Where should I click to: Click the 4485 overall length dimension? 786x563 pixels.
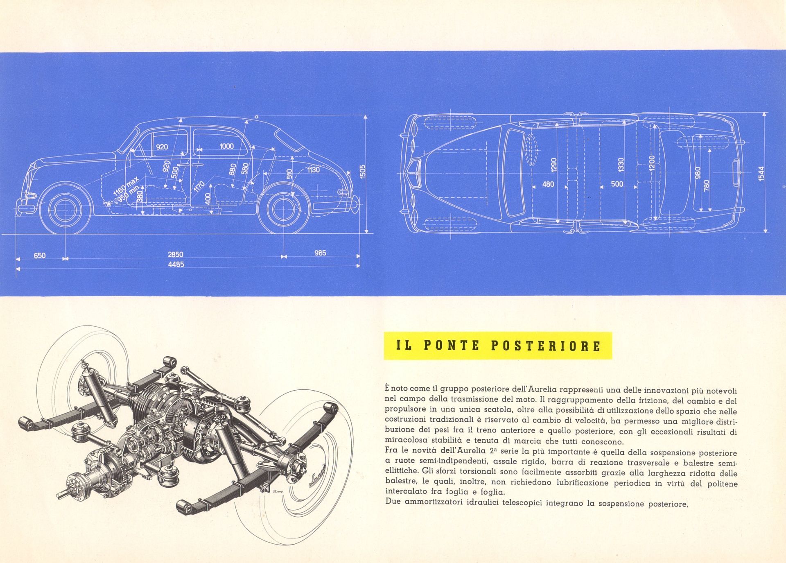176,264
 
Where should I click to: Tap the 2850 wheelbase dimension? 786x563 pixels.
176,254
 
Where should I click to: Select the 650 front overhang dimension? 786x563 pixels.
40,255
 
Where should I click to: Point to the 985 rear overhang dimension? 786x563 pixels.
320,253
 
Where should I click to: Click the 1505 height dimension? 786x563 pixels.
362,172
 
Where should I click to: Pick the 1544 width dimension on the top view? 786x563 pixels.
761,174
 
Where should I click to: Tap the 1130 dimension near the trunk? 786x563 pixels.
313,170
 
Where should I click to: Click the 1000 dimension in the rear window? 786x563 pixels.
226,146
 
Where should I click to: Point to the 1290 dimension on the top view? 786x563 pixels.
553,167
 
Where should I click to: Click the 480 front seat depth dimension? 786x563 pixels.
548,184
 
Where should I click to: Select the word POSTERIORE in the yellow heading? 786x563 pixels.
546,346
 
